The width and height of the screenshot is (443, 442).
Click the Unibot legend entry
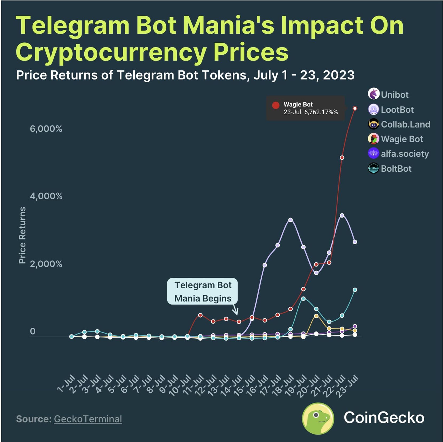point(389,94)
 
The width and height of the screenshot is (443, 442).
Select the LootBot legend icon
point(373,109)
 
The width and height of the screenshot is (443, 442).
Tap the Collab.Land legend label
point(405,124)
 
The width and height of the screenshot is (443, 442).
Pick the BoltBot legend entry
point(390,169)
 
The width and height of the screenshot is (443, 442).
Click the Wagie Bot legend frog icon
point(373,139)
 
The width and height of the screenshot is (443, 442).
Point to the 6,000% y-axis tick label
point(46,129)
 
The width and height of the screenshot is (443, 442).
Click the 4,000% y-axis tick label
point(46,196)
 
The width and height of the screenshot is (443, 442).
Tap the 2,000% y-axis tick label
point(46,264)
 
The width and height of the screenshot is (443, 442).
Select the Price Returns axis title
point(22,235)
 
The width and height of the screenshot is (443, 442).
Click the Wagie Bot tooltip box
point(305,108)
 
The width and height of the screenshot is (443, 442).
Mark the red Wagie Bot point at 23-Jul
point(355,108)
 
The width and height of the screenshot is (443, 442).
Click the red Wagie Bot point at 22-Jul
point(342,158)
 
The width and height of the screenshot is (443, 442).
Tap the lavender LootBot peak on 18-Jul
point(291,220)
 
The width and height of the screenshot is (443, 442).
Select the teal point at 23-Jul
point(355,290)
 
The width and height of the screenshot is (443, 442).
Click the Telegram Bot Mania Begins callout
point(203,292)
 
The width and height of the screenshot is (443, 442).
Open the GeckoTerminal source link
point(88,419)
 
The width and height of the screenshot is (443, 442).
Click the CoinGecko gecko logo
point(318,418)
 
